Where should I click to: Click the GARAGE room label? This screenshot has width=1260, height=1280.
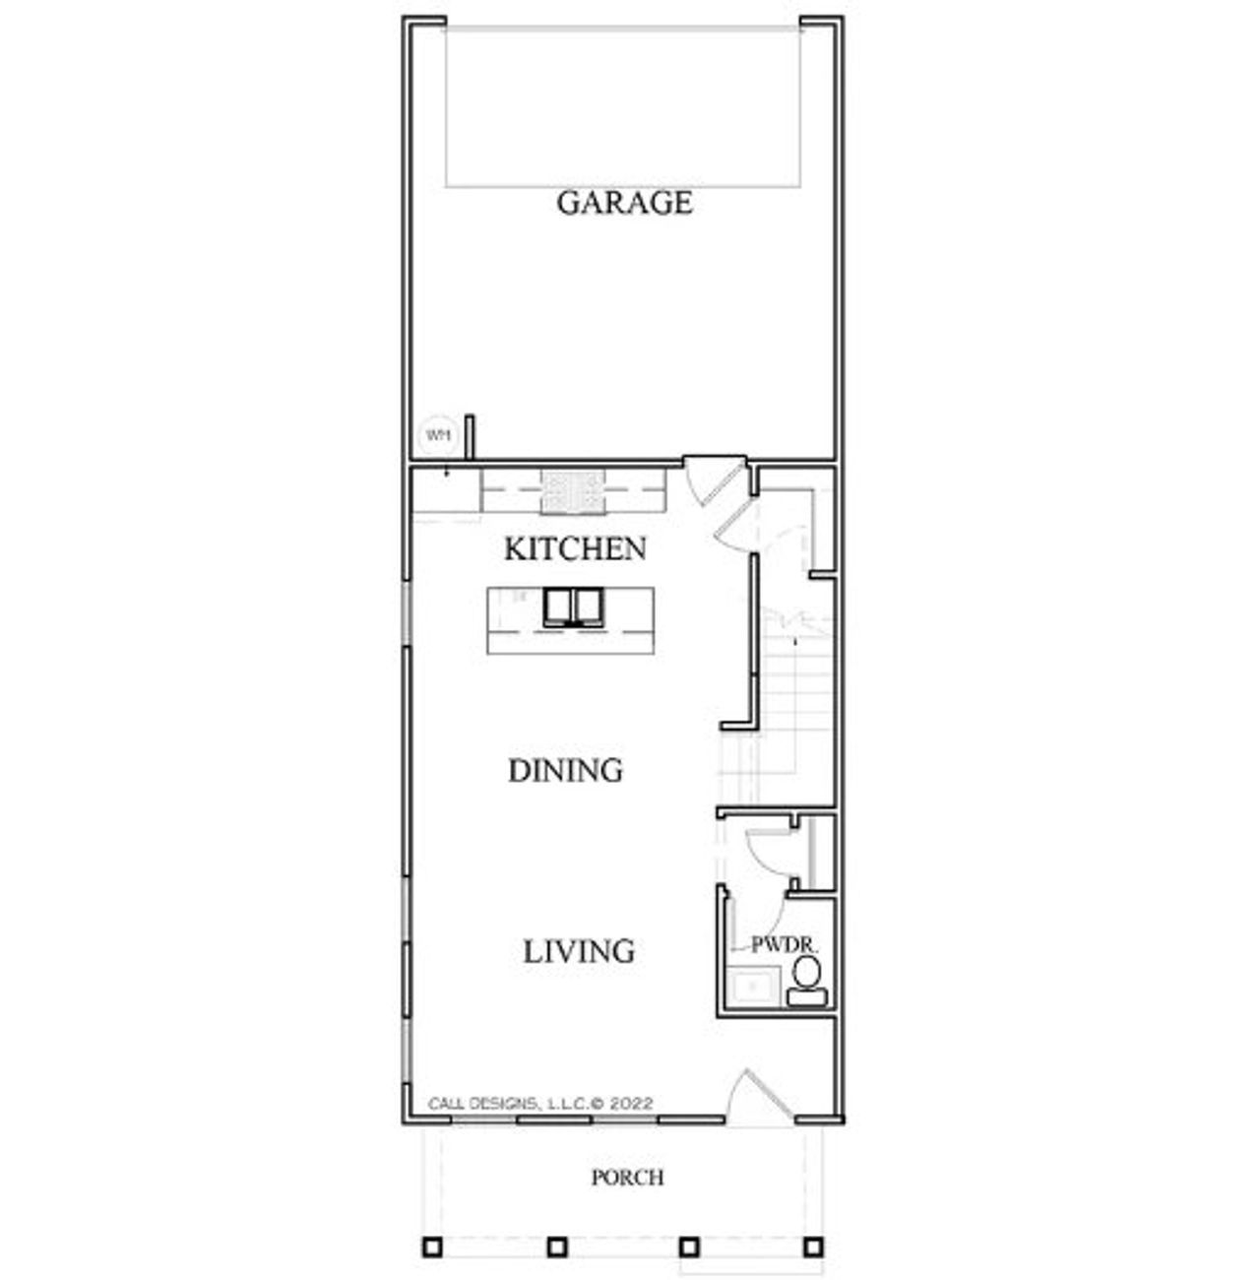(x=624, y=203)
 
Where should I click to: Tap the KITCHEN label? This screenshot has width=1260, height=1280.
(x=575, y=548)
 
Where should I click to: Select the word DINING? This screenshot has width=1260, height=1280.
(x=565, y=770)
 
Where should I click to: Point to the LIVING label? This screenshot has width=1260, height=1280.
(x=578, y=951)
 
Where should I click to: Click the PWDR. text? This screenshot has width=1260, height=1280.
(x=785, y=944)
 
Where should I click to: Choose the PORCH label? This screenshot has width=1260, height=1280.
(x=627, y=1177)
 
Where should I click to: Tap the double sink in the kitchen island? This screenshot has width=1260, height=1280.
(x=571, y=607)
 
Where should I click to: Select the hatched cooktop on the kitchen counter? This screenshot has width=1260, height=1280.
(x=571, y=491)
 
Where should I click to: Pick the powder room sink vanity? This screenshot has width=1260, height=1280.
(x=753, y=986)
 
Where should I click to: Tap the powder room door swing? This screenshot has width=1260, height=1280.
(x=766, y=854)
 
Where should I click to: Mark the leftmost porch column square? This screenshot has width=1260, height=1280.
(x=432, y=1247)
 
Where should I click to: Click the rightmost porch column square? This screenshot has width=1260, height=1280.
(x=812, y=1247)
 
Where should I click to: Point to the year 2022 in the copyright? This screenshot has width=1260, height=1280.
(x=631, y=1104)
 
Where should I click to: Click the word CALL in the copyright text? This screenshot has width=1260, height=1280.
(x=448, y=1104)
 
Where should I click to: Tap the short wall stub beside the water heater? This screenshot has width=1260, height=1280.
(x=471, y=436)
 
